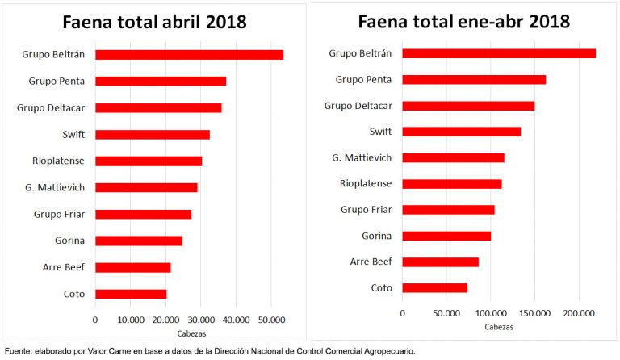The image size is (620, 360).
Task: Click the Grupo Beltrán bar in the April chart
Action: coord(189,55)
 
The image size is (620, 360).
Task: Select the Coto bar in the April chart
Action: coord(131,294)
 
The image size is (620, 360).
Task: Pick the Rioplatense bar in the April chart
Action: coord(149,161)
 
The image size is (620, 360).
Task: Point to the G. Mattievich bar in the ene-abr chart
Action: coord(453,157)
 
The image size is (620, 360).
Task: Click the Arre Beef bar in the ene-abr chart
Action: coord(440,262)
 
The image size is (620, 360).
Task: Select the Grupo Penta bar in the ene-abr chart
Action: coord(474,79)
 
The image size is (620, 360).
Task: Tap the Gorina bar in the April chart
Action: coord(139,241)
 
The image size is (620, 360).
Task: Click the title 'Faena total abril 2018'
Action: coord(155,22)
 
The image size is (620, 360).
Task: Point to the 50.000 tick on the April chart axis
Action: coord(271,320)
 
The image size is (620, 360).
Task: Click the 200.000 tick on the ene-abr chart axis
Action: coord(579,312)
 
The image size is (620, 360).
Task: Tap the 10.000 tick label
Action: coord(131,320)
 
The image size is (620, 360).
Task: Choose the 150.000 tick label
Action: coord(534,312)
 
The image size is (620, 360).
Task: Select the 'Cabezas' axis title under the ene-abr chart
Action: coord(499,327)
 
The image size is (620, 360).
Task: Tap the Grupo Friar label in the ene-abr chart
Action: coord(366,210)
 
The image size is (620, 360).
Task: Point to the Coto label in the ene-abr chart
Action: coord(381,287)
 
